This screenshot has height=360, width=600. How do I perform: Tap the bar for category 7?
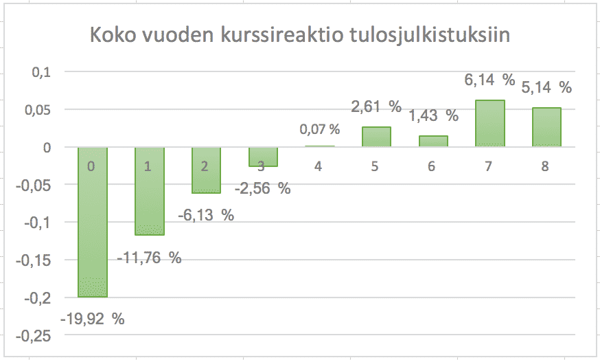point(489,124)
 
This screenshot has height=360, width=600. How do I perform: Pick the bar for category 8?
point(546,127)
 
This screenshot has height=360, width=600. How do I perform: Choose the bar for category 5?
point(376,137)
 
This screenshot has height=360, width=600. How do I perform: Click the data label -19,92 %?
point(93,319)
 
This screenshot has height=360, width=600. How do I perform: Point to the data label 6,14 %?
point(489,80)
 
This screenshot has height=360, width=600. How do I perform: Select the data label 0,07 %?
point(319,128)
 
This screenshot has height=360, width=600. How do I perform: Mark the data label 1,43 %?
point(432,115)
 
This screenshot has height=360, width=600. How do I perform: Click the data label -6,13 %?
point(206,215)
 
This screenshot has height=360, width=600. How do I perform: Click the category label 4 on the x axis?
point(319,166)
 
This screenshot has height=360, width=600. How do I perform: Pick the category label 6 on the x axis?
point(432,166)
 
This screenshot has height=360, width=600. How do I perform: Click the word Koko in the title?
point(113,36)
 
